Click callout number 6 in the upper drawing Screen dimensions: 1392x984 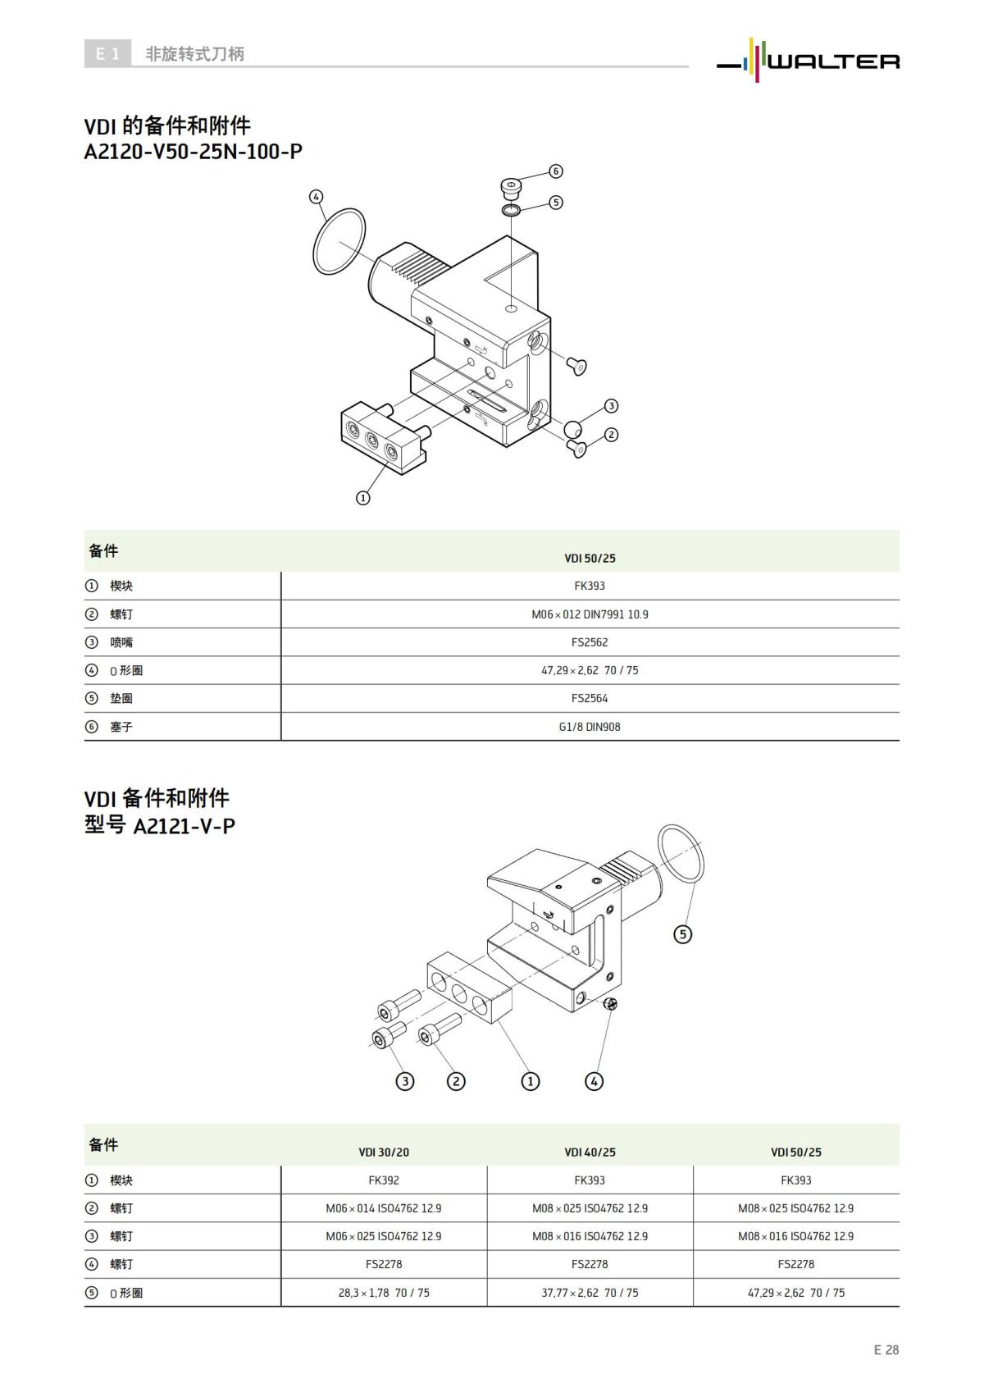tap(556, 171)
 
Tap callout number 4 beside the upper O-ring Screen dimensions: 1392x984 tap(317, 197)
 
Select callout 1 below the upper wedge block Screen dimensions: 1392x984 tap(363, 497)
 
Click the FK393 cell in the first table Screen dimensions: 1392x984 tap(590, 586)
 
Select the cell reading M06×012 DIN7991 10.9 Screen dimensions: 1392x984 tap(590, 614)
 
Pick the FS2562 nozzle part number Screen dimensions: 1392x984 tap(590, 642)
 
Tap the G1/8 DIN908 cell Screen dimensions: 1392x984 tap(590, 727)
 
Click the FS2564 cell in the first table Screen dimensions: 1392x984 tap(590, 699)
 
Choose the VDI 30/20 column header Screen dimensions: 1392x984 tap(384, 1152)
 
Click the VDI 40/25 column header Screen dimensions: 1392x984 tap(590, 1152)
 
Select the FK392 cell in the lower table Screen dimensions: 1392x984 tap(384, 1180)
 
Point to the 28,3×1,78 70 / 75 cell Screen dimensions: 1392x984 tap(384, 1293)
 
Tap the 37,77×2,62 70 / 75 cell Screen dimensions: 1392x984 tap(590, 1293)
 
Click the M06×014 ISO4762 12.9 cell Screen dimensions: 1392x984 tap(384, 1208)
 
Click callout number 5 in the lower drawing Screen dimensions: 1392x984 tap(682, 933)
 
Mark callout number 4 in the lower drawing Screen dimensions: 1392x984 tap(594, 1081)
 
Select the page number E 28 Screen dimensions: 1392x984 tap(886, 1349)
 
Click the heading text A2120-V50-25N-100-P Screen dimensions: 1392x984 tap(194, 152)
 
